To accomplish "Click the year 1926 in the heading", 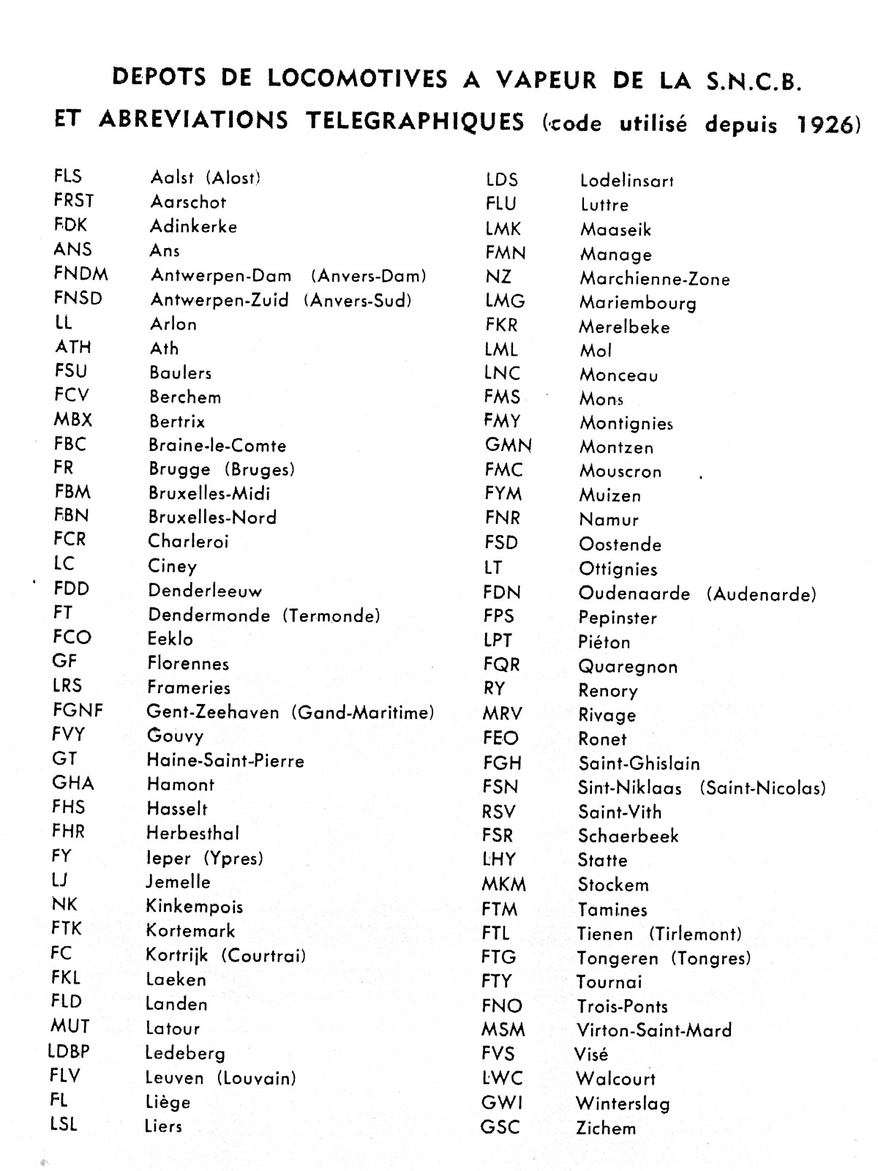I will coord(825,124).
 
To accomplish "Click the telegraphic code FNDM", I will coord(80,274).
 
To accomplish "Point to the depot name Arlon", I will coord(173,324).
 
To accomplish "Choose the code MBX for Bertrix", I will coord(72,420).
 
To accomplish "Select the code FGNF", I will coord(78,710).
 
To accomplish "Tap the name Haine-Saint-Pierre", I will coord(225,760).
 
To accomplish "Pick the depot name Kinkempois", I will coord(195,907).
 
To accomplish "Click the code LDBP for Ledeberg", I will coord(69,1052).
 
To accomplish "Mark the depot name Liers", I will coord(163,1126).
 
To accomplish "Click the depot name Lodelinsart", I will coord(627,181).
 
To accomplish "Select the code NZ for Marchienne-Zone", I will coord(498,277).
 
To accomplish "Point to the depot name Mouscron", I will coord(620,471).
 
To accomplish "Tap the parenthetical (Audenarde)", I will coord(761,594).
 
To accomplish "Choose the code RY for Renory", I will coord(494,689).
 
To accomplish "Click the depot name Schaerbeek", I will coord(629,836).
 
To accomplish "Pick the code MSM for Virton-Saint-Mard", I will coord(503,1030).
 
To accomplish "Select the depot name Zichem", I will coord(606,1128).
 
